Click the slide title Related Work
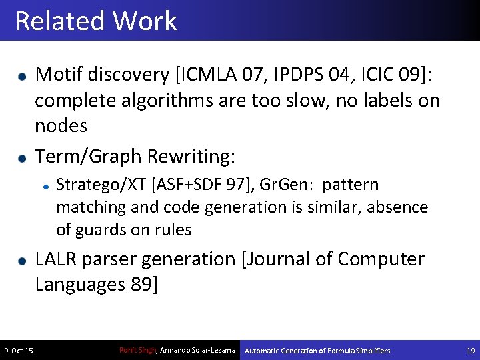(x=95, y=21)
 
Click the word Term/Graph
(x=88, y=157)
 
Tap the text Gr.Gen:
(x=288, y=185)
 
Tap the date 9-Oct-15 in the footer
(x=19, y=351)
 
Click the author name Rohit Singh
(x=137, y=351)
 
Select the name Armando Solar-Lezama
(x=197, y=351)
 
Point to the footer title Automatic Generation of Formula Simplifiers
(x=317, y=351)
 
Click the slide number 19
(x=471, y=351)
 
